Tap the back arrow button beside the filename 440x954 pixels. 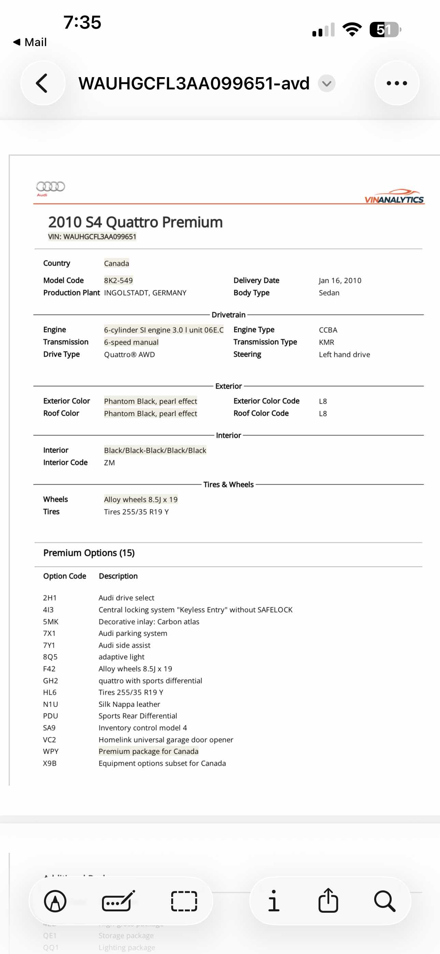click(x=43, y=83)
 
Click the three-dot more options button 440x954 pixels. click(x=397, y=83)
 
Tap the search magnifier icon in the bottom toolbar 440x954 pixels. click(x=384, y=901)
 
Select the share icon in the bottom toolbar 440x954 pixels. click(x=328, y=901)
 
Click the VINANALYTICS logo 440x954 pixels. click(x=394, y=197)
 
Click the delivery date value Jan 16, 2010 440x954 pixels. click(x=340, y=280)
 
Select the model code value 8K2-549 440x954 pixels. click(x=118, y=280)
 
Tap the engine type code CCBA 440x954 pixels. click(x=328, y=330)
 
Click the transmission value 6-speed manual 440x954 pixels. click(x=131, y=342)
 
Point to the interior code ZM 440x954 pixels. click(x=109, y=463)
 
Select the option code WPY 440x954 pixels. click(x=51, y=751)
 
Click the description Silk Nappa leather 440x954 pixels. click(x=129, y=704)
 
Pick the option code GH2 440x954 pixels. click(x=50, y=680)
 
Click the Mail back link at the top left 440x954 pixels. click(x=30, y=42)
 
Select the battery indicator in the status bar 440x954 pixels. click(x=385, y=30)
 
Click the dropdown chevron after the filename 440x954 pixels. click(x=327, y=83)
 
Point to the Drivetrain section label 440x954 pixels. click(x=229, y=315)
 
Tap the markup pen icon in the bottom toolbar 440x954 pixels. click(x=55, y=901)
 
